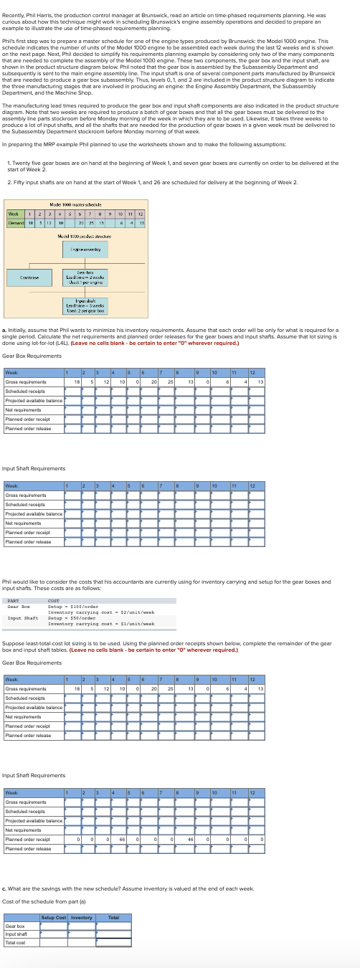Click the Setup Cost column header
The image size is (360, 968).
(x=54, y=917)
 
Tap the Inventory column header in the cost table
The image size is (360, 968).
(x=82, y=917)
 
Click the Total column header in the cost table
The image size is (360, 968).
(x=113, y=917)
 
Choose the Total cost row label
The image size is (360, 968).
(x=15, y=942)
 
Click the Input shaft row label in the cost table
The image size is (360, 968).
(x=16, y=934)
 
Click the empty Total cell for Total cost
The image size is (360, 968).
(x=113, y=942)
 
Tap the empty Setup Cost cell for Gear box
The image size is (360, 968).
(x=54, y=926)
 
